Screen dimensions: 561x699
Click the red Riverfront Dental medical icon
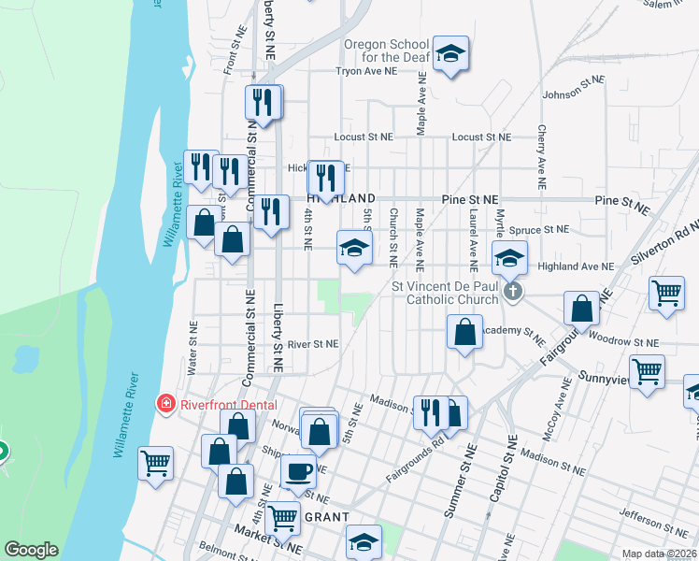coord(165,404)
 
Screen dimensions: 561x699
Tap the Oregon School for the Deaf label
coord(386,50)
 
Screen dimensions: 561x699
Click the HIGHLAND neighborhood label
coord(341,199)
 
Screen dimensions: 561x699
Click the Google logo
coord(31,550)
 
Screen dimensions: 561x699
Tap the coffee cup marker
coord(298,471)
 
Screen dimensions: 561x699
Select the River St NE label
coord(312,344)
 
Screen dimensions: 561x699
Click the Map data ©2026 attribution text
coord(660,554)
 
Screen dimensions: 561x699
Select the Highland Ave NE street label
coord(576,266)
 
